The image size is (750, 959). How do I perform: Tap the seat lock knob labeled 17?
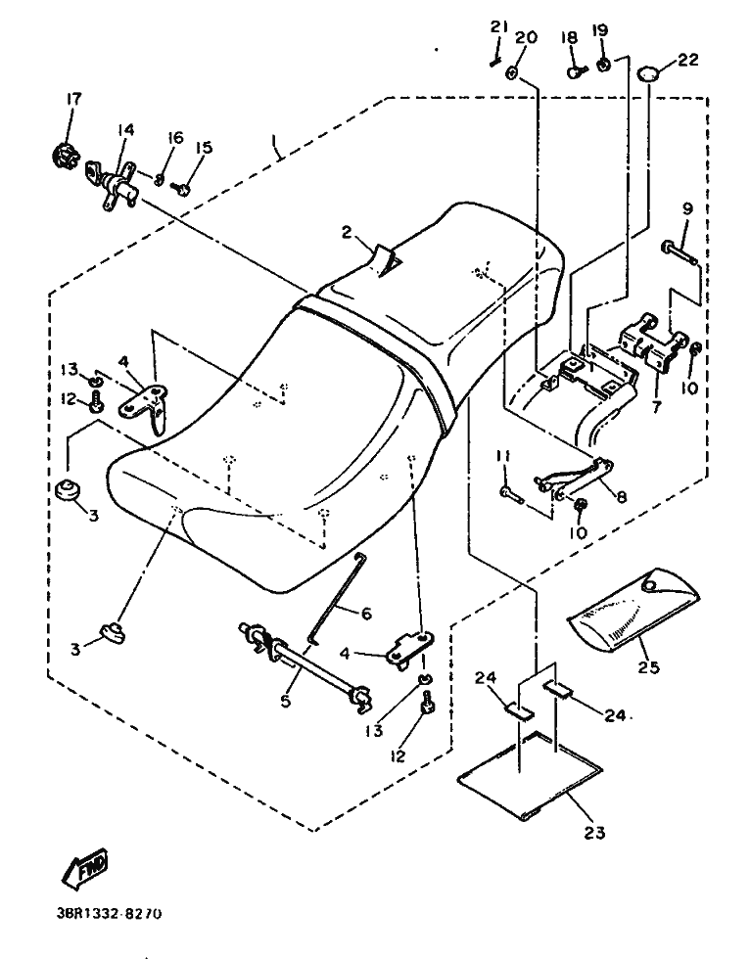[x=66, y=154]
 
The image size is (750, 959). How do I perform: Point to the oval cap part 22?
[x=650, y=72]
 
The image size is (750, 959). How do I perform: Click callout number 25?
[x=648, y=667]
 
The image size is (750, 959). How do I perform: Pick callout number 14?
[x=126, y=129]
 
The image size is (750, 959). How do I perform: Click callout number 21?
[x=496, y=27]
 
